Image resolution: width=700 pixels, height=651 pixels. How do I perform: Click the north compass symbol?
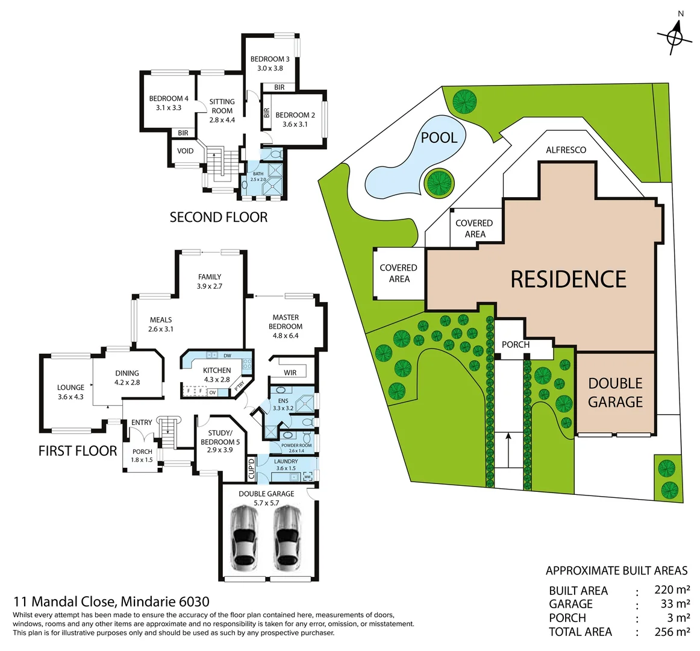coord(675,35)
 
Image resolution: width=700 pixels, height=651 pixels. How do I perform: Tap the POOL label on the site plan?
coord(439,137)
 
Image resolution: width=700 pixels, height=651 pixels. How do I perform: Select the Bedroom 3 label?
coord(270,59)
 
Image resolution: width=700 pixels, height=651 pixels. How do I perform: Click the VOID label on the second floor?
coord(186,151)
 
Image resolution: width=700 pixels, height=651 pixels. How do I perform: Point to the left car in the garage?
coord(244,538)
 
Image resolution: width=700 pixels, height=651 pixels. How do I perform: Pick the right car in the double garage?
coord(287,538)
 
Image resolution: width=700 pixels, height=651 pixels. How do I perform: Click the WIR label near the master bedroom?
coord(290,373)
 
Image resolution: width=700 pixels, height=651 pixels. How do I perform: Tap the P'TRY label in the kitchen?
coord(239,385)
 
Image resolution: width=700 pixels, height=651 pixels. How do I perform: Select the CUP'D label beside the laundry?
coord(251,468)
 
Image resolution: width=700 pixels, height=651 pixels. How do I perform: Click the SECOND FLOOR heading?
coord(219,217)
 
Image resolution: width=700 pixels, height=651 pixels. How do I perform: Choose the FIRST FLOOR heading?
coord(78,451)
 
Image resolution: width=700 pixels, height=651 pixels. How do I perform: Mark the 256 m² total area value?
coord(672,632)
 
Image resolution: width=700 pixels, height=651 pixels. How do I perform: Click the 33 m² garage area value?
coord(675,603)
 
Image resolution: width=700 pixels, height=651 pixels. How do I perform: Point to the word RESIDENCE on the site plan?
coord(568,279)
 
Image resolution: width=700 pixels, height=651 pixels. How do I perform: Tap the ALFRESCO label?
coord(566,150)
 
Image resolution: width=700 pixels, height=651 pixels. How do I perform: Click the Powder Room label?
coord(296,445)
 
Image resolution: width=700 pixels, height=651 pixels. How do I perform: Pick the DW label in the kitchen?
coord(227,356)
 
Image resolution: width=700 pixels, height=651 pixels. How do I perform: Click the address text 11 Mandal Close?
coord(65,602)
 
